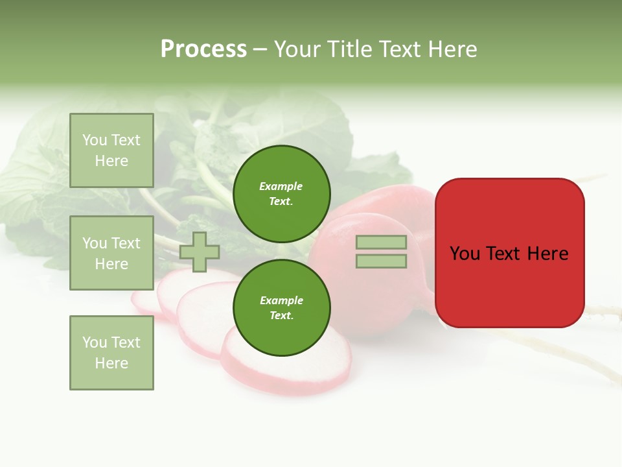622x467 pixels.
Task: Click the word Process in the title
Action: (203, 49)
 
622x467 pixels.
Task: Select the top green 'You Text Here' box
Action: (111, 150)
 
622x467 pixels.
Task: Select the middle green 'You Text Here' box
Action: (111, 253)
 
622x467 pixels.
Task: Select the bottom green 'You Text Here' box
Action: (111, 352)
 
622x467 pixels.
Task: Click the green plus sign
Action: (200, 252)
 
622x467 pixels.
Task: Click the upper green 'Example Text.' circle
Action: (282, 194)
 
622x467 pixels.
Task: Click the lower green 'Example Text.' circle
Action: (282, 307)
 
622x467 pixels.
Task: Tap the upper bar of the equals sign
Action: (381, 243)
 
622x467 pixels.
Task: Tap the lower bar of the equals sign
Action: (381, 261)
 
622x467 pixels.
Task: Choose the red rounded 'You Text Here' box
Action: (509, 253)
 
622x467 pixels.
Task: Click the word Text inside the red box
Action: (505, 254)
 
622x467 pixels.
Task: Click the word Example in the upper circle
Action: (281, 186)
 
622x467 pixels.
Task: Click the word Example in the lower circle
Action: (281, 300)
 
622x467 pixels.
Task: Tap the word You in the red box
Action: (465, 254)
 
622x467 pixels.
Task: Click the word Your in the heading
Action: (296, 49)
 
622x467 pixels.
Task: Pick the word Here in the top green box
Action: (111, 161)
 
